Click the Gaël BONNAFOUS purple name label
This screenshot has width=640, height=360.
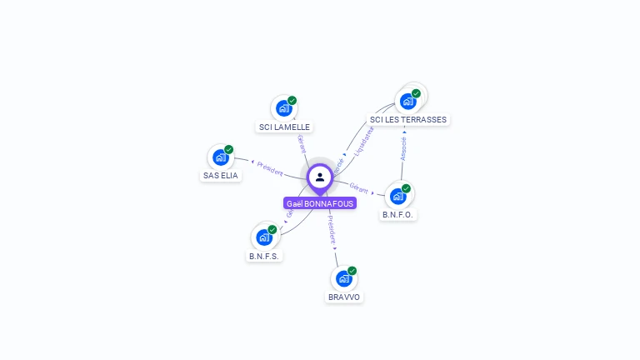(x=319, y=203)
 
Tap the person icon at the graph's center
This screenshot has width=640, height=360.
(x=320, y=177)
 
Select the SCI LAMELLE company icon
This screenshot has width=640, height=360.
(x=284, y=108)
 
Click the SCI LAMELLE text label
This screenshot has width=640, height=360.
(x=284, y=127)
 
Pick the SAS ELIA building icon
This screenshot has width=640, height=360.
(x=221, y=157)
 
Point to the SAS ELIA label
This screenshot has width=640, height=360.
(x=221, y=176)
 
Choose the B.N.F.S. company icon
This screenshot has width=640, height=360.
(x=264, y=237)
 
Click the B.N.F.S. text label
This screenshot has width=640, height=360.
(x=264, y=256)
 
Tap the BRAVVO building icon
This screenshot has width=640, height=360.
(x=344, y=278)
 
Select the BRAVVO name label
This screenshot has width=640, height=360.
(x=345, y=297)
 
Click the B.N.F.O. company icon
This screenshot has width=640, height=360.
(x=398, y=196)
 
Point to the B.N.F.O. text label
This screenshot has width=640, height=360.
(x=398, y=215)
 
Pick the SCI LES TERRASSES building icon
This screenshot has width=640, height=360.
(x=408, y=101)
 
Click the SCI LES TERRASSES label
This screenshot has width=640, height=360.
(x=408, y=120)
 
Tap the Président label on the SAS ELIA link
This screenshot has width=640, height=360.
(x=270, y=167)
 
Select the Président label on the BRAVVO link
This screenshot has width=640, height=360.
(x=332, y=229)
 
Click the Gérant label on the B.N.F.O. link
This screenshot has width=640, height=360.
(x=359, y=187)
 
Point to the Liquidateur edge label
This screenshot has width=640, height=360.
(x=364, y=141)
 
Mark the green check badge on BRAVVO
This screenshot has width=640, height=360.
(x=352, y=271)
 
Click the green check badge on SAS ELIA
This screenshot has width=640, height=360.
(x=229, y=150)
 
